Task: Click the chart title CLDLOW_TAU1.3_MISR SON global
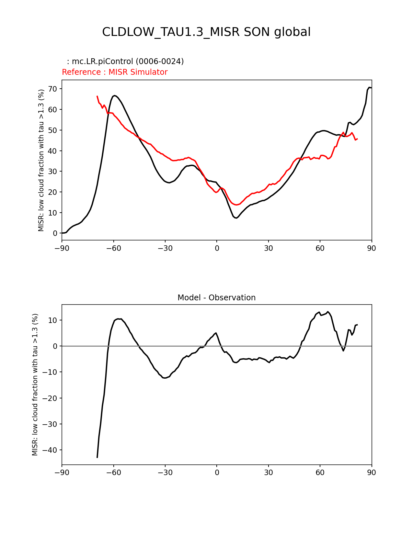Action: (206, 32)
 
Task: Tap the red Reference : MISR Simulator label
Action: (115, 72)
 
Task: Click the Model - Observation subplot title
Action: (216, 298)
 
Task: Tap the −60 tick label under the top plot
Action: (113, 248)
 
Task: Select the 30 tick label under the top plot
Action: (268, 248)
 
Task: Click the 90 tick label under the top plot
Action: (372, 248)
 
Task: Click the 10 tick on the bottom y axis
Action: (53, 320)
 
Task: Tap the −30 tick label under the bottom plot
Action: (165, 473)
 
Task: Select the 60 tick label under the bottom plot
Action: (320, 473)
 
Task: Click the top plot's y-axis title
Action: (41, 160)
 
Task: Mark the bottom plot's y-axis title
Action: (35, 384)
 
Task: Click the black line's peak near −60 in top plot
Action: (115, 95)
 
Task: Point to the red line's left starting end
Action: (97, 96)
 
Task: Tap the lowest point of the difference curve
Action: (97, 457)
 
